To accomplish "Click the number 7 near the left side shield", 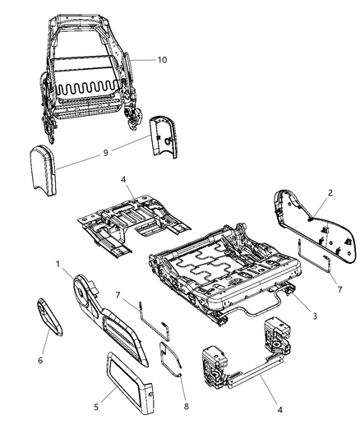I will coord(119,295).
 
